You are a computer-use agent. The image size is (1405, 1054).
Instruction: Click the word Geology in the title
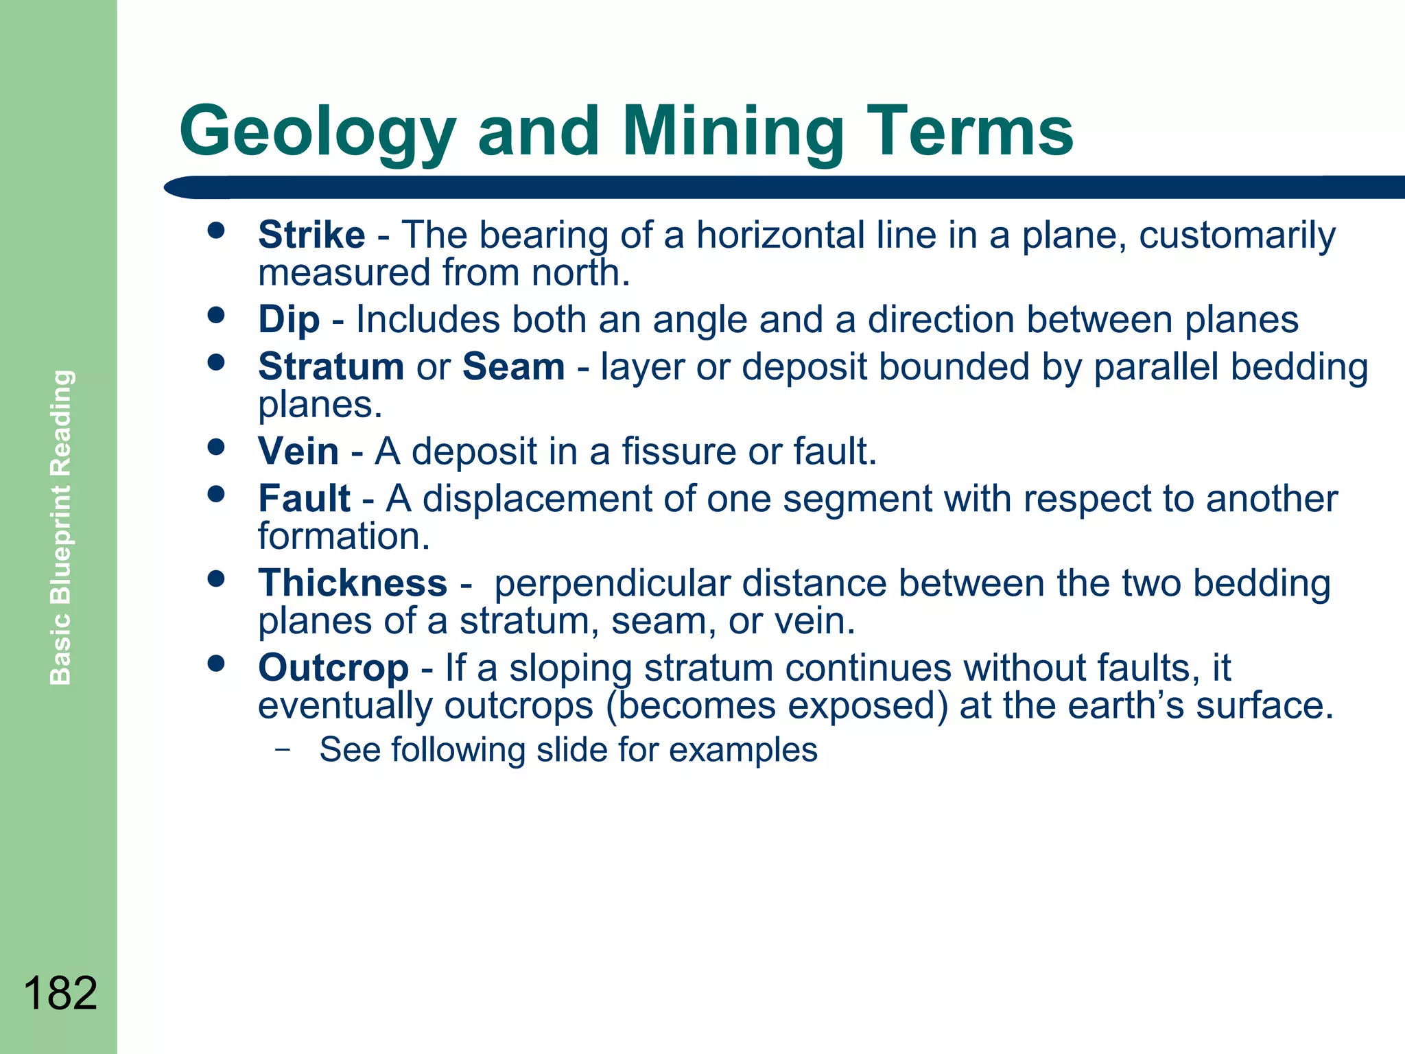pos(317,132)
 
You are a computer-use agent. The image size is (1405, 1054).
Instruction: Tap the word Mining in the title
pos(733,132)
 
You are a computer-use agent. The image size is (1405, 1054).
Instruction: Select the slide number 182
pos(60,992)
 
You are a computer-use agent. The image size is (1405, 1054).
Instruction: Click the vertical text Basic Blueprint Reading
pos(60,527)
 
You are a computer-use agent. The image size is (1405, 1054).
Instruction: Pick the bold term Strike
pos(311,235)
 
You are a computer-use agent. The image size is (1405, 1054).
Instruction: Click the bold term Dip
pos(289,320)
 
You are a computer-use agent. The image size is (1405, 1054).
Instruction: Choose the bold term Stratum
pos(331,366)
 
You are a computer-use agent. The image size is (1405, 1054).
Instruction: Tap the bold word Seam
pos(513,366)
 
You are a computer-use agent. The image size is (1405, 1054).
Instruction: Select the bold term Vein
pos(298,452)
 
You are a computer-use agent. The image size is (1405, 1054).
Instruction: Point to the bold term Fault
pos(304,498)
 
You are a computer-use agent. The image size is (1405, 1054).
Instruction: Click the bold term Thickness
pos(353,583)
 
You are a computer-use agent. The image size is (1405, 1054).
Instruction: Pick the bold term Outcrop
pos(333,668)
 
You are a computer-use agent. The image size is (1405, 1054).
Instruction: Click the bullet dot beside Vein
pos(216,447)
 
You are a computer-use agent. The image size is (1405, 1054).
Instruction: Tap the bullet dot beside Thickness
pos(216,579)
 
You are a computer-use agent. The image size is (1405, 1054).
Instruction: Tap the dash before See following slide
pos(281,749)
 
